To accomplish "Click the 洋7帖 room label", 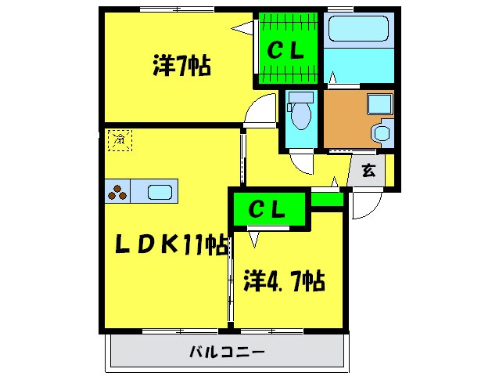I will (181, 67).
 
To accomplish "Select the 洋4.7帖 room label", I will (284, 280).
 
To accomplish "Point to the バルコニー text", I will (227, 352).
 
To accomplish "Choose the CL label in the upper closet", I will (286, 50).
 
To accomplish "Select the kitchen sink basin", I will (160, 191).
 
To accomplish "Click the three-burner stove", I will (117, 191).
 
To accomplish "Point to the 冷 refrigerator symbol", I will (120, 139).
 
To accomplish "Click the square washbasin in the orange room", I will (381, 104).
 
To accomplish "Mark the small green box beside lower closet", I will (327, 199).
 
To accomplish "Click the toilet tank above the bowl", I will (300, 98).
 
